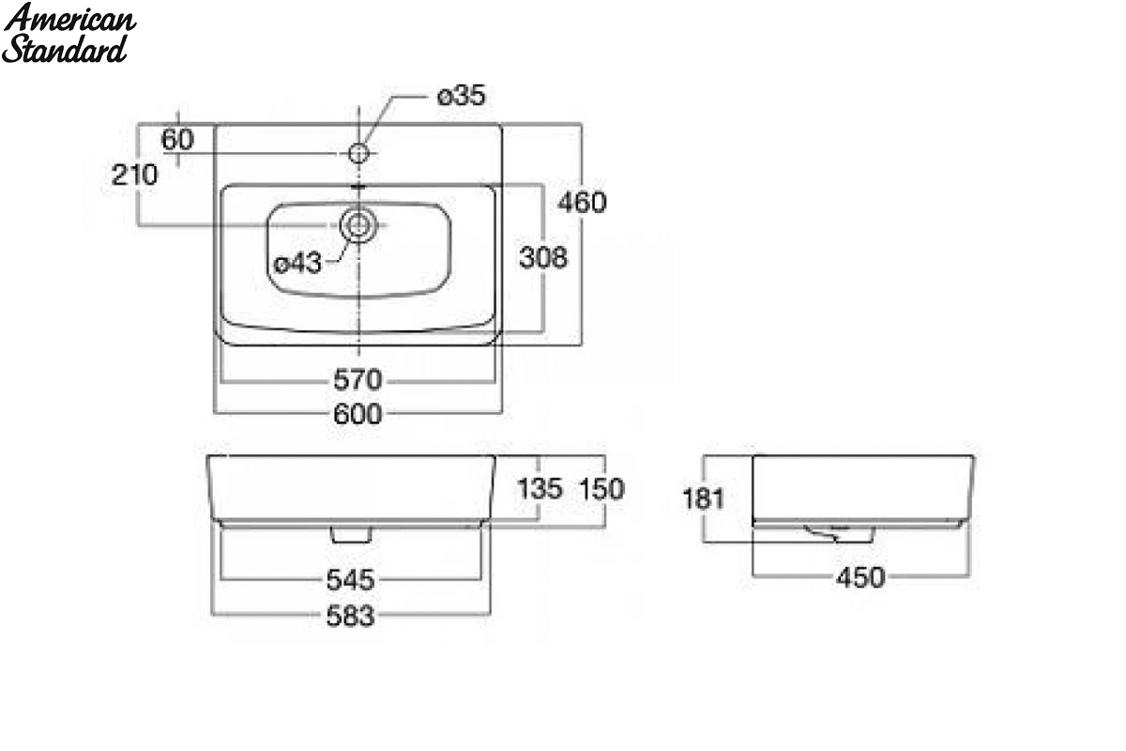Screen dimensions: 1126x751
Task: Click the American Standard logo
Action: coord(69,33)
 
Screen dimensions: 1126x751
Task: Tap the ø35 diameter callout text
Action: coord(462,96)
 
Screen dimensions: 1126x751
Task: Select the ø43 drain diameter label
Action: coord(297,263)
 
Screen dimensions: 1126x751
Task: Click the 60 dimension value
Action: coord(177,139)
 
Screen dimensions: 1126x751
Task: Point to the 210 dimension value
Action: coord(134,175)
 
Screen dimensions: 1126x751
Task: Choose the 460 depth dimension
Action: coord(582,202)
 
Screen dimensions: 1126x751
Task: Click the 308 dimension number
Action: coord(543,257)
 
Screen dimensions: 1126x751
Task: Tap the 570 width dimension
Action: coord(358,379)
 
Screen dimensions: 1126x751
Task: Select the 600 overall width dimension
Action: coord(358,414)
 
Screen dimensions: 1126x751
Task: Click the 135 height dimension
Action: coord(540,489)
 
